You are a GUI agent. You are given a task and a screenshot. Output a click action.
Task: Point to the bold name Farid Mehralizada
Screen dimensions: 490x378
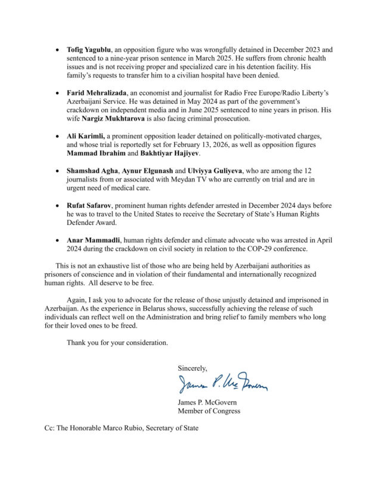tap(98, 94)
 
